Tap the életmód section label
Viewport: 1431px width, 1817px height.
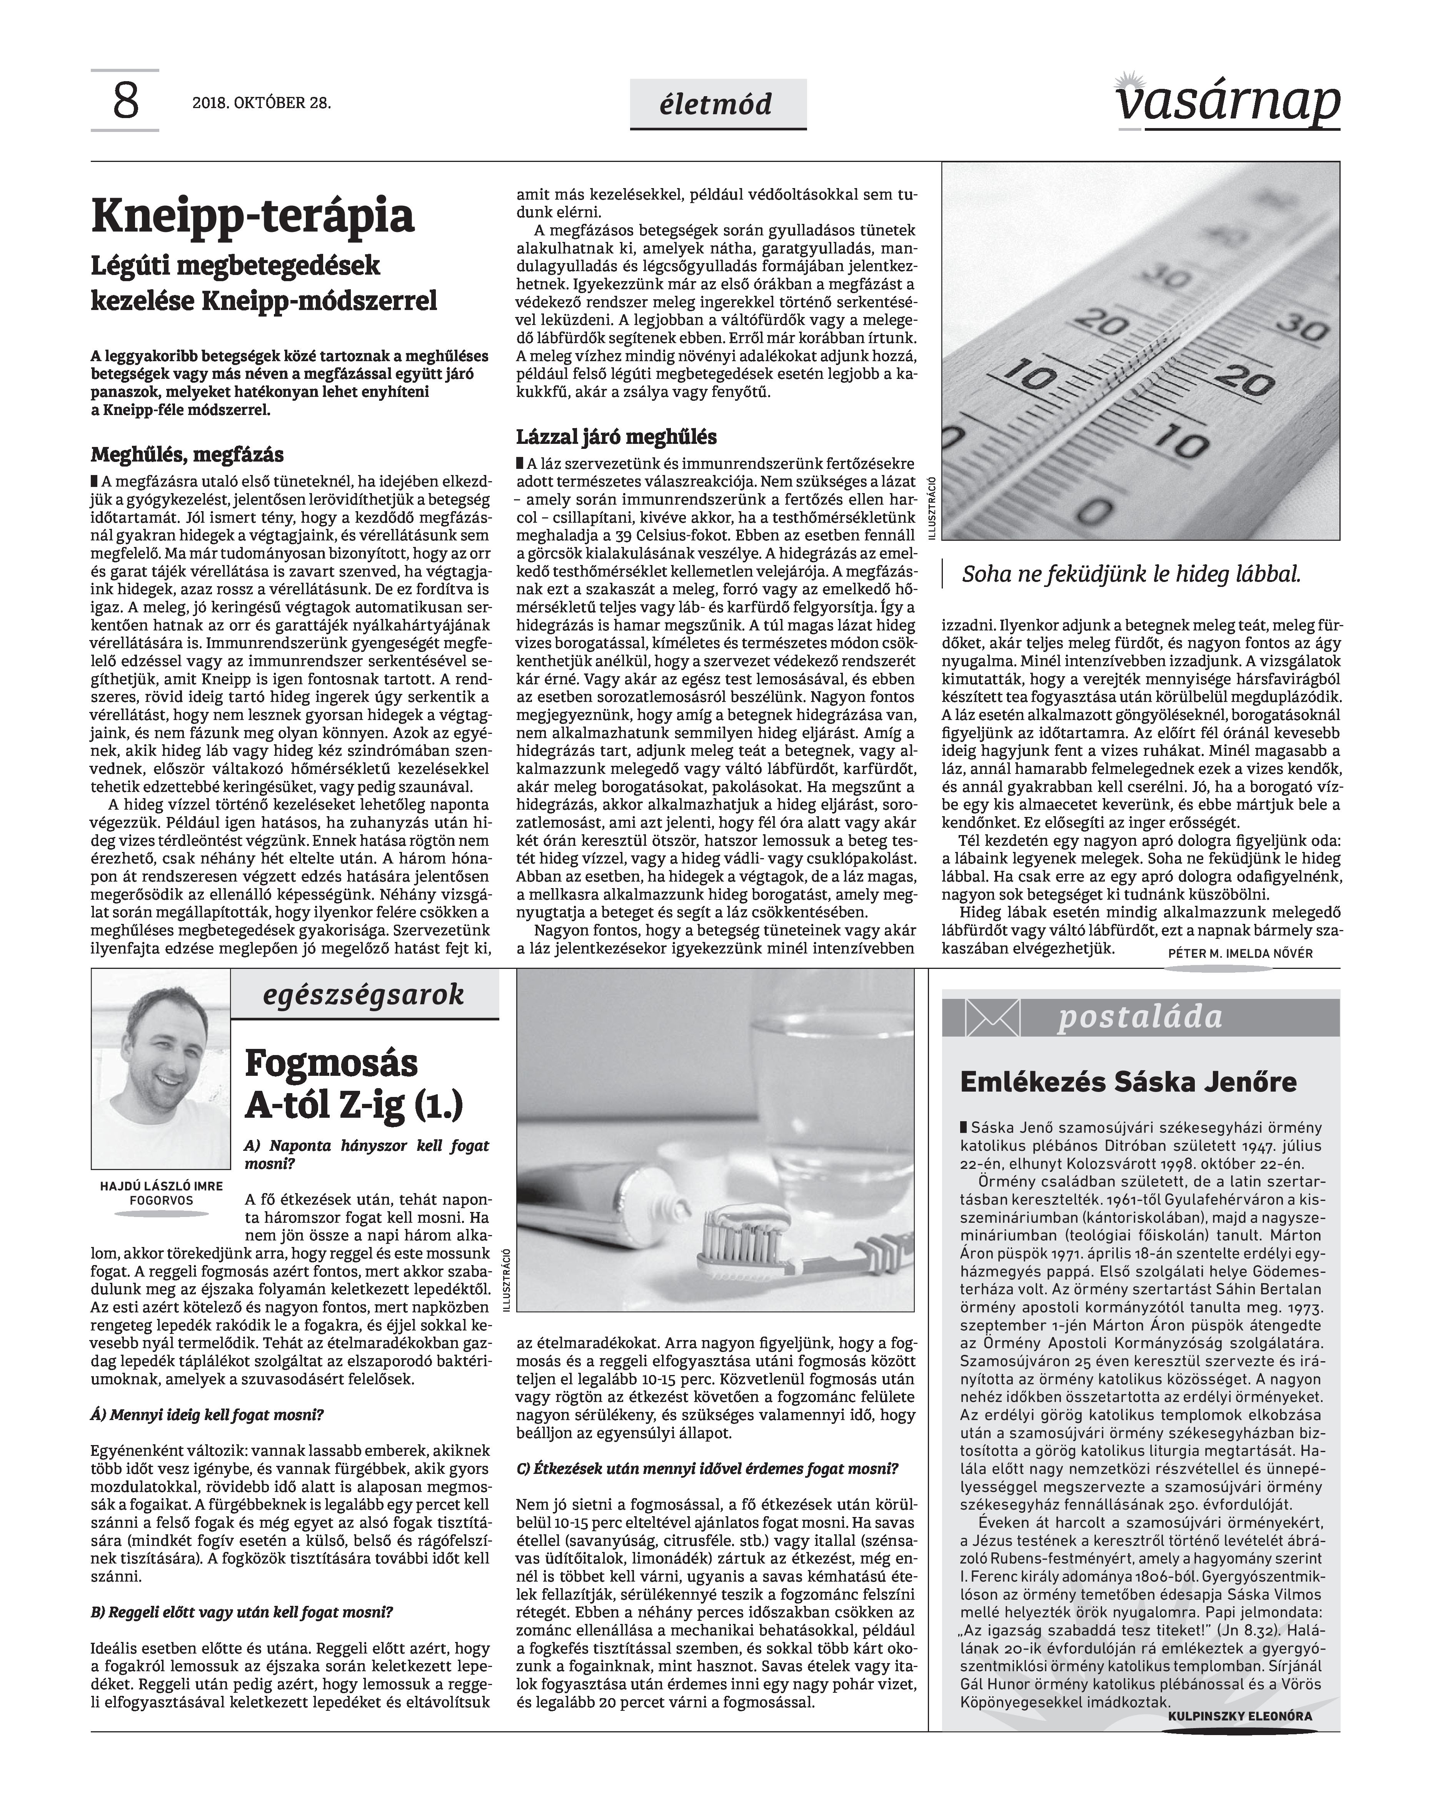717,105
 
